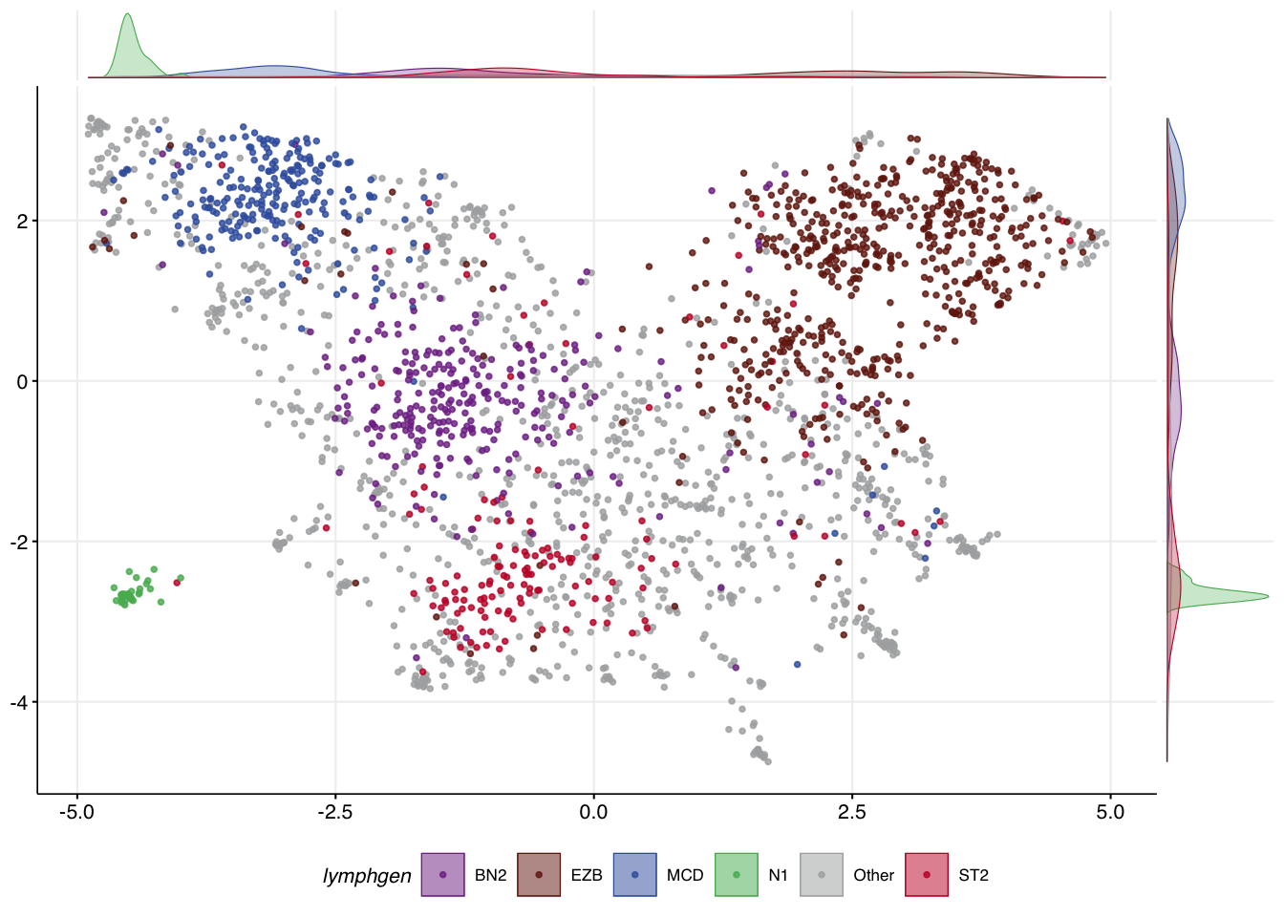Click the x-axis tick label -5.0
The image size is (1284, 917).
click(x=76, y=813)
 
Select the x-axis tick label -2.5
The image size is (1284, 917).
click(x=334, y=813)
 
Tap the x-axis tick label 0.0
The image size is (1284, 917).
click(x=593, y=813)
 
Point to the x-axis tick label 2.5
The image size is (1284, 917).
click(x=851, y=813)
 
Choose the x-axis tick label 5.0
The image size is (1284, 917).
click(x=1110, y=813)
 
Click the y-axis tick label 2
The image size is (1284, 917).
click(x=22, y=222)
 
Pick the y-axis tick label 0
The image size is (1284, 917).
click(x=22, y=382)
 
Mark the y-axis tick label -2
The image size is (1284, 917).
click(x=18, y=543)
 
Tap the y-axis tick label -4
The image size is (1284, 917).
click(x=18, y=703)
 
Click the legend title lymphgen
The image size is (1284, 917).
click(x=367, y=876)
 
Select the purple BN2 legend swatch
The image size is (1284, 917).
click(x=442, y=875)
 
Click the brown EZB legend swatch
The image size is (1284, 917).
click(x=539, y=875)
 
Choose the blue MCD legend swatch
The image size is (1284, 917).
click(x=635, y=875)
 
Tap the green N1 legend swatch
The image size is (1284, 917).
click(x=736, y=875)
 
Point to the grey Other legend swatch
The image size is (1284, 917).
click(x=822, y=875)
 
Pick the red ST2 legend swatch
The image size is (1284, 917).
click(x=927, y=875)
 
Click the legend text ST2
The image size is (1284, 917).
click(x=974, y=876)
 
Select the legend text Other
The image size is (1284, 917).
click(x=873, y=876)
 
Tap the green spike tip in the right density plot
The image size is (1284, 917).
click(x=1266, y=596)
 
